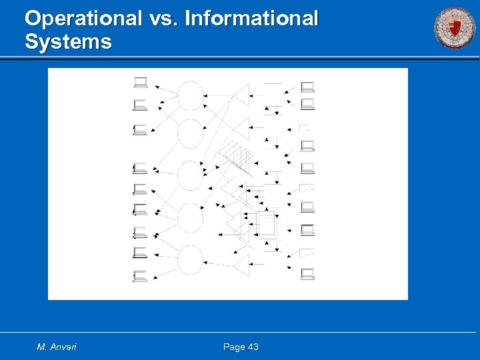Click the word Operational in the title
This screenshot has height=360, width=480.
point(83,19)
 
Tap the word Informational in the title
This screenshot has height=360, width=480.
point(251,19)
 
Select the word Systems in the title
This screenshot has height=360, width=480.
point(68,43)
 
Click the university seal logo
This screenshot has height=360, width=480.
point(455,28)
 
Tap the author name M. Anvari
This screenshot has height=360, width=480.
point(57,347)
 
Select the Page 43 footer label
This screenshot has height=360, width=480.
point(241,347)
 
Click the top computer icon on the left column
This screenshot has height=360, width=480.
point(140,83)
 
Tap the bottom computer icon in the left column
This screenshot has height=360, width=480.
point(140,275)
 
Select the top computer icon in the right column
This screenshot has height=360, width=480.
point(307,86)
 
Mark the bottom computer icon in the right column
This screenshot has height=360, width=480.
point(307,273)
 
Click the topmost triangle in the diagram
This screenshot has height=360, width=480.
point(241,95)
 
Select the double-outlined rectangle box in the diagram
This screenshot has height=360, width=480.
point(267,225)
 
